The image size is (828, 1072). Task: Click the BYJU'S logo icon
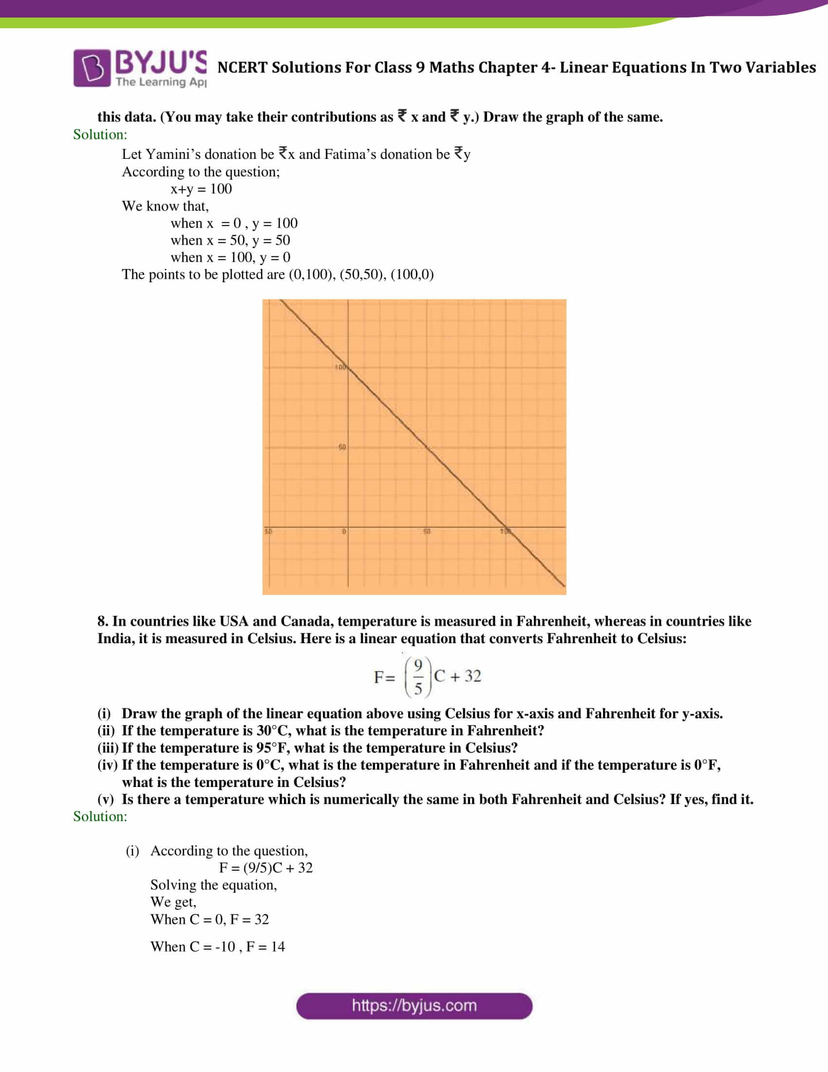coord(92,68)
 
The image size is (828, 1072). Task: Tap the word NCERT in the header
coord(242,67)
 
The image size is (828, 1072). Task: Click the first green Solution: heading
coord(100,134)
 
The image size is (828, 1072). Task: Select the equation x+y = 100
coord(201,189)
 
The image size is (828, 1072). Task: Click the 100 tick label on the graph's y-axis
coord(340,367)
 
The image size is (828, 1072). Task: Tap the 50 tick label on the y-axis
coord(342,447)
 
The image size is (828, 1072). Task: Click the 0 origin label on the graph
coord(344,532)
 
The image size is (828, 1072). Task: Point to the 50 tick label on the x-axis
coord(427,532)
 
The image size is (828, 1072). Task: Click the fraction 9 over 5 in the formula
coord(418,677)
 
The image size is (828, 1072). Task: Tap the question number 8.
coord(102,621)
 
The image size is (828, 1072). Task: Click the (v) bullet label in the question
coord(106,800)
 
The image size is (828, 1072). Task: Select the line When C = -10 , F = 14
coord(217,947)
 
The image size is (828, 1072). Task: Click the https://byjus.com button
coord(414,1006)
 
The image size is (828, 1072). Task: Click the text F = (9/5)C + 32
coord(265,868)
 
